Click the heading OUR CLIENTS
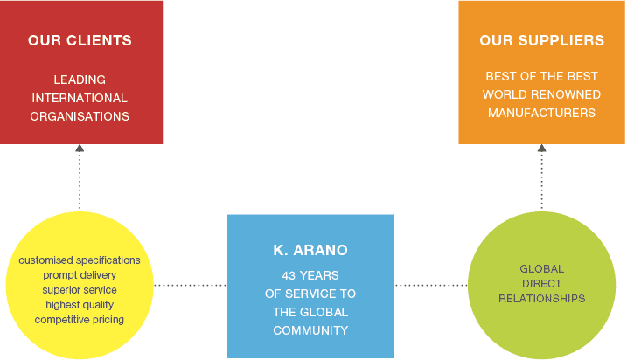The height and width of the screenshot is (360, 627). coord(80,40)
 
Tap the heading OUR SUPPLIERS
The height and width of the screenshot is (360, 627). coord(541,40)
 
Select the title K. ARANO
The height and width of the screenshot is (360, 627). coord(310,250)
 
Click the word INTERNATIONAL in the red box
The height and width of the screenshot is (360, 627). coord(80,98)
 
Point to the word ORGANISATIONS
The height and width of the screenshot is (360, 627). coord(80,116)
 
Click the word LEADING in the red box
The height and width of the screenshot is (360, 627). coord(80,80)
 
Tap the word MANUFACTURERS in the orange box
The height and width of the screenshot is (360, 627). coord(541,113)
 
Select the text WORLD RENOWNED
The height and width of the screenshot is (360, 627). coord(541,94)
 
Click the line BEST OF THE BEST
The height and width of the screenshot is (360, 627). coord(541,76)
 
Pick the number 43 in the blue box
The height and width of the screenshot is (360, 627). coord(289,275)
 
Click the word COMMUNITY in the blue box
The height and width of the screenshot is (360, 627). coord(310,330)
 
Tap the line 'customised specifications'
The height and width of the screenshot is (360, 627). coord(80,260)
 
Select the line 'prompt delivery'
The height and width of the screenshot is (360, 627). coord(80,275)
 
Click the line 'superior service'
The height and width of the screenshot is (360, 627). coord(80,290)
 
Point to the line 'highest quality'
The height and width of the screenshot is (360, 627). coord(80,305)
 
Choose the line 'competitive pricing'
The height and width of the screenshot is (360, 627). coord(80,320)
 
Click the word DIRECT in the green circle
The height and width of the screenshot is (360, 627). coord(541,284)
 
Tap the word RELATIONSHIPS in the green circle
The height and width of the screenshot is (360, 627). coord(541,299)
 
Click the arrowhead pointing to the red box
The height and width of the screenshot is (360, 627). coord(80,149)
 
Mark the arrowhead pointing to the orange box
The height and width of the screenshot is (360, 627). coord(541,149)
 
